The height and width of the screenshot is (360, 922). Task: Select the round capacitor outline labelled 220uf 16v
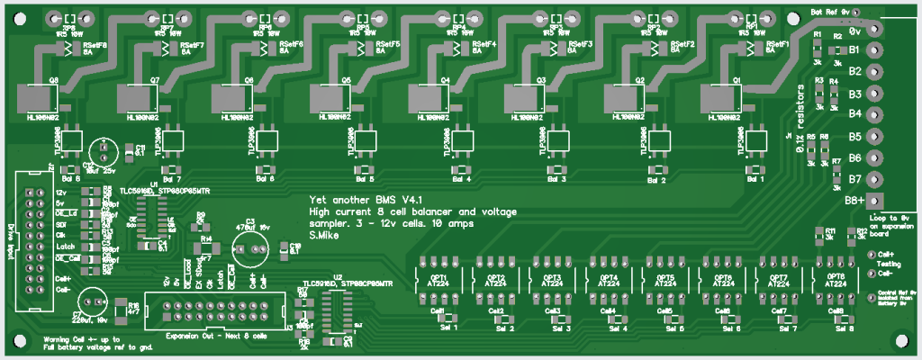pos(95,301)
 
